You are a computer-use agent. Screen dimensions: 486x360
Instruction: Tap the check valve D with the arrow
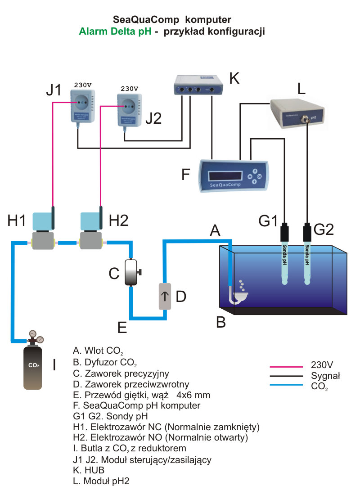166,296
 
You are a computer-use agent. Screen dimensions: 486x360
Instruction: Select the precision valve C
130,272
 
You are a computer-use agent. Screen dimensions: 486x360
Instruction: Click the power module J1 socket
82,103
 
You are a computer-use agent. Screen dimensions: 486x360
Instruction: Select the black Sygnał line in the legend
285,376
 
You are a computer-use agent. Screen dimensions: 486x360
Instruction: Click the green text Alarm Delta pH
115,32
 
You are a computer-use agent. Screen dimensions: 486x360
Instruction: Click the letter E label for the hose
122,327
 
